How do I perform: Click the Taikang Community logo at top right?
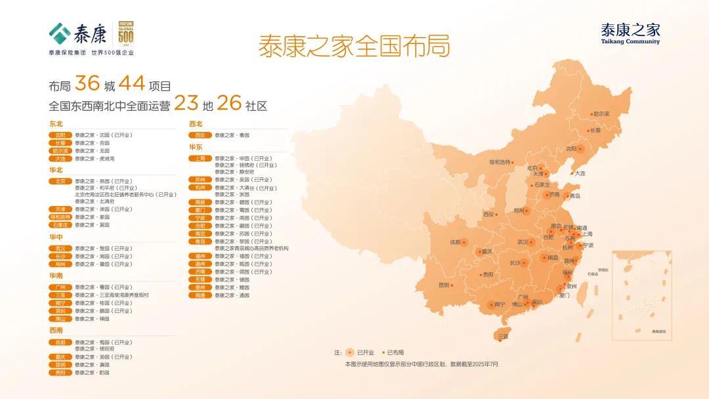pyautogui.click(x=630, y=33)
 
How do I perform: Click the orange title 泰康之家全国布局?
pyautogui.click(x=354, y=47)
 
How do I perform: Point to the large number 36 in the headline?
pyautogui.click(x=87, y=84)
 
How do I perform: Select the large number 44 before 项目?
pyautogui.click(x=132, y=84)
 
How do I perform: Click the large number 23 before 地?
pyautogui.click(x=186, y=104)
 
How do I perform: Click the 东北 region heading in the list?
pyautogui.click(x=56, y=123)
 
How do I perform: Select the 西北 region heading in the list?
pyautogui.click(x=196, y=123)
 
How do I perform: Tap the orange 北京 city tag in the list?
pyautogui.click(x=60, y=181)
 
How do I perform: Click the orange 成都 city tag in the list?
pyautogui.click(x=60, y=342)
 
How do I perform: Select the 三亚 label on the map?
pyautogui.click(x=503, y=336)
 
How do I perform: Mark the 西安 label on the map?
pyautogui.click(x=488, y=214)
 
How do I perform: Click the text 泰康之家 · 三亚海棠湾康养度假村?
pyautogui.click(x=112, y=295)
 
